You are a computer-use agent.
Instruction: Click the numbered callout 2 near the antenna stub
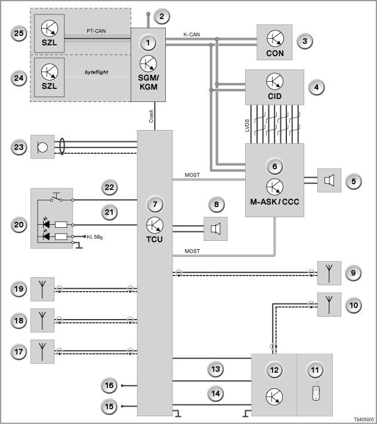[162, 16]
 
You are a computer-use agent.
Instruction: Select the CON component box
[274, 42]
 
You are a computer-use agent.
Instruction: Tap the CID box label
[275, 96]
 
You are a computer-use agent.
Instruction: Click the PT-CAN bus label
[96, 31]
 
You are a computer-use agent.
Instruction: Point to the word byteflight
[96, 72]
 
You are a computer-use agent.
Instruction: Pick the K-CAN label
[191, 35]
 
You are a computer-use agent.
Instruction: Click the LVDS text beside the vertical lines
[247, 125]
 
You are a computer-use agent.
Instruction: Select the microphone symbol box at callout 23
[42, 147]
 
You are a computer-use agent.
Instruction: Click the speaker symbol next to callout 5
[329, 180]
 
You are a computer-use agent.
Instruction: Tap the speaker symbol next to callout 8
[215, 229]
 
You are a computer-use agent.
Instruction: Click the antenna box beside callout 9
[329, 273]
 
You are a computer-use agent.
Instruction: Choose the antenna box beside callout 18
[42, 320]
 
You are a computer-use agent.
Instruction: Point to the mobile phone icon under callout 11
[316, 391]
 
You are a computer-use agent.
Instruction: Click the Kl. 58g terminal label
[95, 237]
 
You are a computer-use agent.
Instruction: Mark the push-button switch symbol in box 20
[57, 197]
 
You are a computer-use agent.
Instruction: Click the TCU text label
[154, 239]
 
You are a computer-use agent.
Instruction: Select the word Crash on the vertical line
[151, 116]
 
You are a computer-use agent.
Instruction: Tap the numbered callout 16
[109, 385]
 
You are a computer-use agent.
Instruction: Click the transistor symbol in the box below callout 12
[274, 397]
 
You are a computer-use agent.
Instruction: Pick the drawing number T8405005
[364, 419]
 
